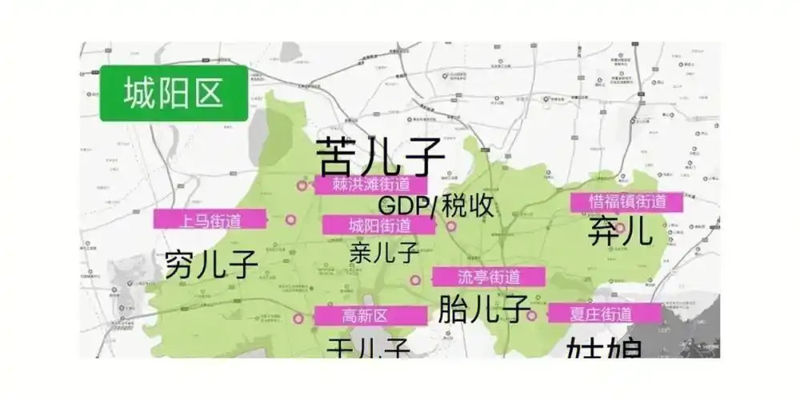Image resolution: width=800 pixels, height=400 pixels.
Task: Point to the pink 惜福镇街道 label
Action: [627, 202]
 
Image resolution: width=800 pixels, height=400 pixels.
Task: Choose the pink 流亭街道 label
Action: [489, 277]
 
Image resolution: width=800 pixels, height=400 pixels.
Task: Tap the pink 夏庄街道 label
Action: [605, 313]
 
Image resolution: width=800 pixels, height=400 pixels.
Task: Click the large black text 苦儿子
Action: [380, 154]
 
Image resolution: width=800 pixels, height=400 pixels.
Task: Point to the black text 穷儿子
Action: [211, 263]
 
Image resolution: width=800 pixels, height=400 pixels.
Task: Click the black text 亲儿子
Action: [385, 253]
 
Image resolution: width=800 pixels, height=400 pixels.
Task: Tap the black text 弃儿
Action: [620, 232]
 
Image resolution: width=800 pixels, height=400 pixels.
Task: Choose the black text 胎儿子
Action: [485, 308]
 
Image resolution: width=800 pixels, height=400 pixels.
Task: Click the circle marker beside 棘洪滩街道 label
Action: [302, 186]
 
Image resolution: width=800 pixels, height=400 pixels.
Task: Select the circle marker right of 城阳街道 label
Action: [451, 226]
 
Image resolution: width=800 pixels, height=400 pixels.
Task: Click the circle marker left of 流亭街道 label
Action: [415, 280]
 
